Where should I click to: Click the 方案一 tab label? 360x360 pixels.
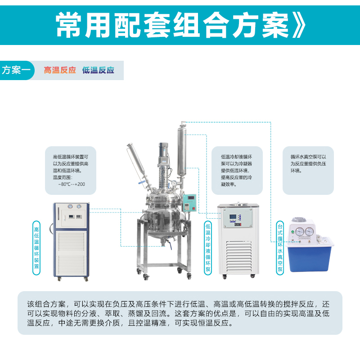click(16, 70)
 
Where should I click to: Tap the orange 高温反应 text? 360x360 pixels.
click(60, 70)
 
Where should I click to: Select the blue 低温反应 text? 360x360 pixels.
click(98, 70)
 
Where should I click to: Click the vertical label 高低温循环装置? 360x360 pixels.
click(36, 248)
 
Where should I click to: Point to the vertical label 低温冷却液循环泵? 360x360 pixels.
click(208, 248)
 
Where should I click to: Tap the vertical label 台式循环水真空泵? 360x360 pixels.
click(280, 248)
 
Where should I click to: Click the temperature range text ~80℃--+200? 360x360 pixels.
click(72, 184)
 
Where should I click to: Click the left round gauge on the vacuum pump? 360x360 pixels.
click(300, 231)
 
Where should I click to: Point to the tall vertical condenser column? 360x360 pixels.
click(182, 152)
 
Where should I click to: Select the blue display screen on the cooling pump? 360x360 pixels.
click(233, 216)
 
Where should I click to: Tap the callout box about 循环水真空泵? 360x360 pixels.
click(308, 171)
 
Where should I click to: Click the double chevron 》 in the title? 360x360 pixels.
click(299, 25)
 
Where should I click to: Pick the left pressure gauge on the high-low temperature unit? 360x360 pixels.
click(71, 207)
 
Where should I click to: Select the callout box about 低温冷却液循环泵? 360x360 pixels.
click(237, 171)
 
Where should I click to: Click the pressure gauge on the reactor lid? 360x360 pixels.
click(174, 184)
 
